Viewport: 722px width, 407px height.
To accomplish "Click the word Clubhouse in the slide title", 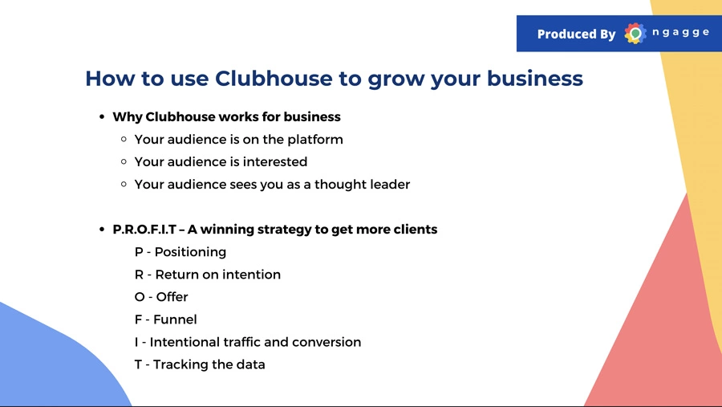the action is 274,79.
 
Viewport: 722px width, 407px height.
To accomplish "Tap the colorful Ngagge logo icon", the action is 635,33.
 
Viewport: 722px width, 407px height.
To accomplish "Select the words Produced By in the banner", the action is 576,34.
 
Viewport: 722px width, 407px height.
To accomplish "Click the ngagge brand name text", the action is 680,33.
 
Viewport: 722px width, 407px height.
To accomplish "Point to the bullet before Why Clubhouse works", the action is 102,117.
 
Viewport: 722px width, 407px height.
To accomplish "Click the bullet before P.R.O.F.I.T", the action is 102,230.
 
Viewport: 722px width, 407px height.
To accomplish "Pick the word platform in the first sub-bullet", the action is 315,140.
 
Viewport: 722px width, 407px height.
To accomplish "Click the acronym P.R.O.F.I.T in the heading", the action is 144,230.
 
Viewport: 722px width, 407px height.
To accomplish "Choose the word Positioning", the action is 190,252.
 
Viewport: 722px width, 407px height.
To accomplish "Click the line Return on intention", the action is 207,275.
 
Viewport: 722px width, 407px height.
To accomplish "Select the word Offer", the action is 172,297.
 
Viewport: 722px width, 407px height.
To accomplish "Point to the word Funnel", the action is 175,319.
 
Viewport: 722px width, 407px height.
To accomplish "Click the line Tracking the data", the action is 200,364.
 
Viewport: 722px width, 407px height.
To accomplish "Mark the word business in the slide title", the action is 535,79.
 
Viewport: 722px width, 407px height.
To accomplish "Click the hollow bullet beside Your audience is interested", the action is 124,162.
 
